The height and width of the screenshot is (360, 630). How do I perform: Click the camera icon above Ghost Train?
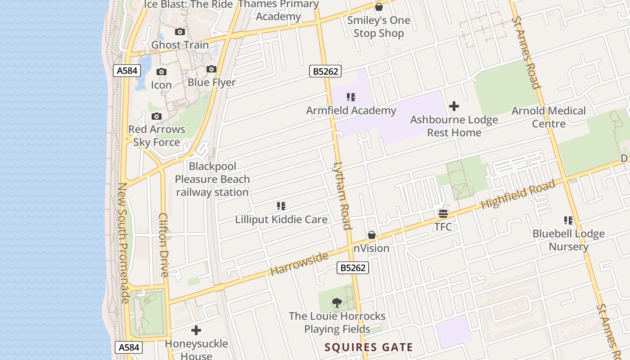click(180, 31)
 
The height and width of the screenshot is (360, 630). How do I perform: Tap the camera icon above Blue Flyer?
click(211, 69)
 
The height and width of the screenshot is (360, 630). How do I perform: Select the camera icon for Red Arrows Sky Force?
click(157, 116)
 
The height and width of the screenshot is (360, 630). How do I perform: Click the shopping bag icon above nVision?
click(372, 235)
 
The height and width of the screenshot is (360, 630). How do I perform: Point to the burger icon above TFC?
click(443, 213)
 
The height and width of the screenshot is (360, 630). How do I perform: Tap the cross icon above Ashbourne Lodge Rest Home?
click(454, 106)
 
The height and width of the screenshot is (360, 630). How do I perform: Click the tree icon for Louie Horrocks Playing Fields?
click(337, 302)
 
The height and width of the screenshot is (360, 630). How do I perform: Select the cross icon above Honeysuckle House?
click(196, 330)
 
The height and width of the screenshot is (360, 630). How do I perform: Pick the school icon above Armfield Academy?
click(351, 97)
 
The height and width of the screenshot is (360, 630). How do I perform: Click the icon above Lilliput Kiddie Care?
click(281, 206)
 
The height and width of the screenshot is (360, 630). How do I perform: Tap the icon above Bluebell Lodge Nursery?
click(568, 220)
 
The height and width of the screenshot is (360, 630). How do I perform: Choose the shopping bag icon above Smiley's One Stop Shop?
click(378, 7)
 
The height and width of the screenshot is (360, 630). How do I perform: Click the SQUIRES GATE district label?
click(369, 347)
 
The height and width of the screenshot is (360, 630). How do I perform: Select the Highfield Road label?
click(518, 195)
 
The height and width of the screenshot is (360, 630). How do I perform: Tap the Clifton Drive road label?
click(163, 245)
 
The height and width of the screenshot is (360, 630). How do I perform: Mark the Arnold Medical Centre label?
click(549, 117)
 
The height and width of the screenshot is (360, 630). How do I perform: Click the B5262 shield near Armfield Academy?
click(325, 71)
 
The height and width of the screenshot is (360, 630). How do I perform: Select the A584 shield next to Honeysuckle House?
click(128, 347)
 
